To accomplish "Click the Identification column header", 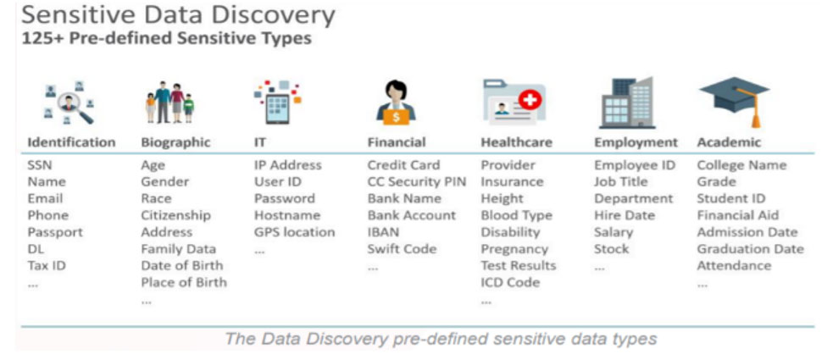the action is pyautogui.click(x=71, y=142).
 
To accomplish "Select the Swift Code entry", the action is pyautogui.click(x=402, y=249).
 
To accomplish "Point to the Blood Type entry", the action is pyautogui.click(x=516, y=215).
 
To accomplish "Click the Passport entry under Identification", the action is pyautogui.click(x=55, y=233).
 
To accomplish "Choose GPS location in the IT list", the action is pyautogui.click(x=294, y=232).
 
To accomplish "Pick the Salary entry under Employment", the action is pyautogui.click(x=614, y=233).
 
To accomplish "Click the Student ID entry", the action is pyautogui.click(x=731, y=198).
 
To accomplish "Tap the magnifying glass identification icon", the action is pyautogui.click(x=69, y=103).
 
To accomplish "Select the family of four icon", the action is pyautogui.click(x=170, y=102).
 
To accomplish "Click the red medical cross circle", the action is pyautogui.click(x=529, y=100).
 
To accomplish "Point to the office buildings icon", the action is pyautogui.click(x=627, y=102).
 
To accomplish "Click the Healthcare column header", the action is pyautogui.click(x=516, y=142).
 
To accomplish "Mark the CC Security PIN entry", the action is pyautogui.click(x=417, y=181).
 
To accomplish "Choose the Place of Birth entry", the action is pyautogui.click(x=184, y=282).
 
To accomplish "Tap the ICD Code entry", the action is pyautogui.click(x=510, y=282).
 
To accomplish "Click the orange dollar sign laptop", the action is pyautogui.click(x=396, y=116).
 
